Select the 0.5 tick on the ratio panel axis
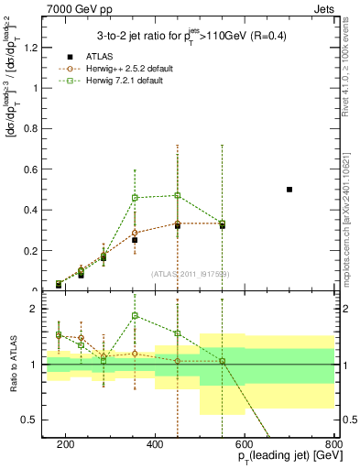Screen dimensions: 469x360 click(x=34, y=420)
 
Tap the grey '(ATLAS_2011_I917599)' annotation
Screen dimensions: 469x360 click(x=191, y=274)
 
